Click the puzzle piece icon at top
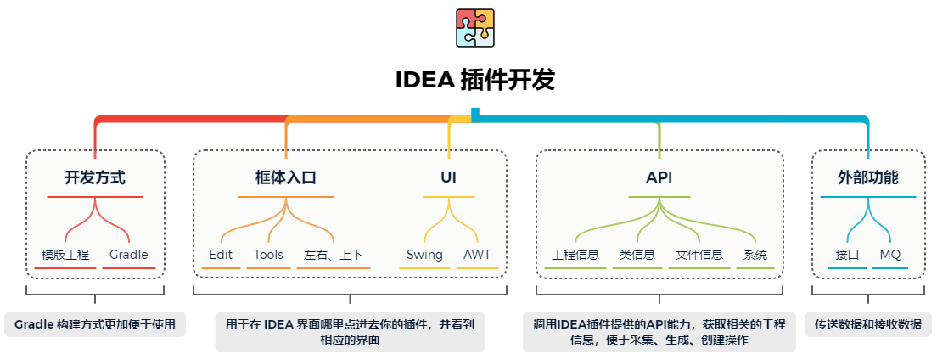tap(475, 27)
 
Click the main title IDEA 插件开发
tap(475, 81)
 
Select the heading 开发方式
tap(95, 178)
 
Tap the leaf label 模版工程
tap(65, 255)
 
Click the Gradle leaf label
tap(129, 255)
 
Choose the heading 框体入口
tap(286, 178)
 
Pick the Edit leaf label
tap(221, 255)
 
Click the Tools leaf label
tap(268, 255)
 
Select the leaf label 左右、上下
tap(334, 255)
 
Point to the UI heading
tap(448, 178)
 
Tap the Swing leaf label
tap(424, 255)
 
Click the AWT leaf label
tap(477, 255)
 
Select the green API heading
tap(659, 178)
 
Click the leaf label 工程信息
tap(575, 255)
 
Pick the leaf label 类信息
tap(637, 255)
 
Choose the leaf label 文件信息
tap(699, 255)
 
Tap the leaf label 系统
tap(755, 255)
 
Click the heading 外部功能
tap(868, 178)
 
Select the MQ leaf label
tap(889, 255)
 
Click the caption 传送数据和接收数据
tap(868, 324)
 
